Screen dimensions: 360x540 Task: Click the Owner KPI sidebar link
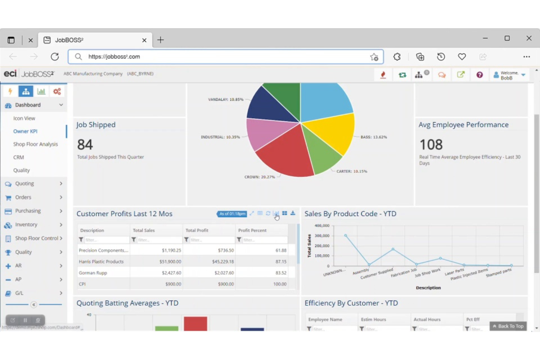pyautogui.click(x=25, y=131)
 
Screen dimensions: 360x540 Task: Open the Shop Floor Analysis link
pyautogui.click(x=35, y=144)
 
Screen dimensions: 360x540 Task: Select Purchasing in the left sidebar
pyautogui.click(x=28, y=211)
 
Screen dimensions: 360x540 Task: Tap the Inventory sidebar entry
pyautogui.click(x=26, y=225)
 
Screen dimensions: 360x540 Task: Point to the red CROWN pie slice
pyautogui.click(x=285, y=153)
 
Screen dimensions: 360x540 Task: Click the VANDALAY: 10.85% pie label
pyautogui.click(x=225, y=100)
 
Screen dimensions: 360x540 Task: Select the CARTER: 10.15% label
pyautogui.click(x=352, y=171)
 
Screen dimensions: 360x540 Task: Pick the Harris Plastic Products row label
pyautogui.click(x=101, y=262)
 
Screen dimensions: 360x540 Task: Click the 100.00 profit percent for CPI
pyautogui.click(x=280, y=284)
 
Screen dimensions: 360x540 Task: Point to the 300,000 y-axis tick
pyautogui.click(x=322, y=236)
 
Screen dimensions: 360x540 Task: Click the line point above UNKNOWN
pyautogui.click(x=346, y=236)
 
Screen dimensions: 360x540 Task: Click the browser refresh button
pyautogui.click(x=55, y=57)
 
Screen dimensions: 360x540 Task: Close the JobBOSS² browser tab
pyautogui.click(x=144, y=40)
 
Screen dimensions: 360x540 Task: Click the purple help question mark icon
pyautogui.click(x=479, y=75)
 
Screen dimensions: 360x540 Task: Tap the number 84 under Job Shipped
pyautogui.click(x=85, y=145)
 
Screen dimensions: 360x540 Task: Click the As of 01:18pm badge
pyautogui.click(x=232, y=214)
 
